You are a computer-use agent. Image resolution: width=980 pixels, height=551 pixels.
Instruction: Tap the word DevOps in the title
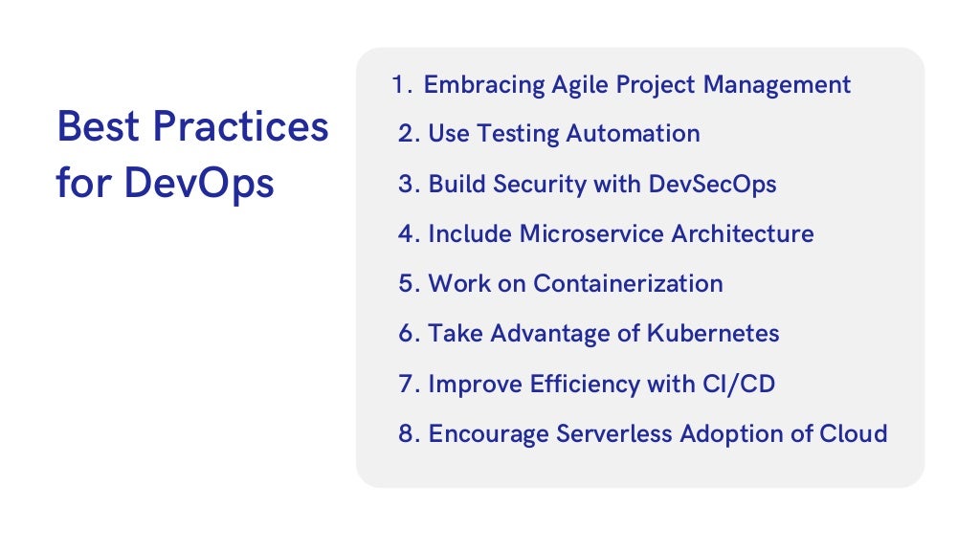coord(199,183)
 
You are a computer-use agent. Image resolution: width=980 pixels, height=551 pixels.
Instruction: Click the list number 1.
coord(401,84)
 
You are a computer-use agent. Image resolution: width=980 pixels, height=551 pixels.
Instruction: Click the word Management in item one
coord(777,84)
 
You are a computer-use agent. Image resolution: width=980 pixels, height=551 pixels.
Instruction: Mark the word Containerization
coord(628,284)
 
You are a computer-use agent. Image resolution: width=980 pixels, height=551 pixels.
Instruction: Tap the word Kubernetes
coord(713,334)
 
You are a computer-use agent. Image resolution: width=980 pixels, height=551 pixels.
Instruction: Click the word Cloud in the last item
coord(854,434)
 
